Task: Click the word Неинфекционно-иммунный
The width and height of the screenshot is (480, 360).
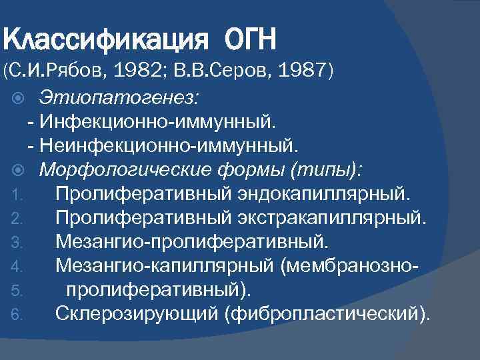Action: tap(171, 145)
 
